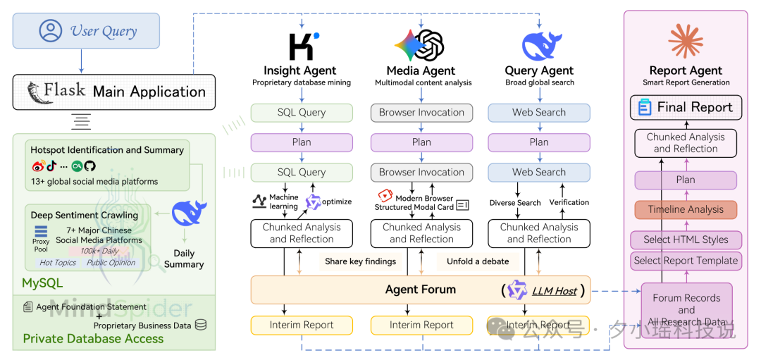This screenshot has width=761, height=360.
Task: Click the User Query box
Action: pos(86,31)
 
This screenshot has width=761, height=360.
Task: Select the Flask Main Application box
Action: pos(113,92)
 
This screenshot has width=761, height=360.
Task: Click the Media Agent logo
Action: pos(420,45)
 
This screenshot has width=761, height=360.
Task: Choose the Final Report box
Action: pos(685,107)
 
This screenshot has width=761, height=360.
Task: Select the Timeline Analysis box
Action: pos(685,209)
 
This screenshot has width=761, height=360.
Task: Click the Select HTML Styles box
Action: pos(685,240)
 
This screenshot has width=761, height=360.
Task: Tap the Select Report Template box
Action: pos(685,261)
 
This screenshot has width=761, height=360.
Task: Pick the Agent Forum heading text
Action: pos(420,290)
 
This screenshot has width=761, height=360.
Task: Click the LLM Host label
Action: pos(555,290)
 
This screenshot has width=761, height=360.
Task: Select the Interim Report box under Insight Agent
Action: pos(302,325)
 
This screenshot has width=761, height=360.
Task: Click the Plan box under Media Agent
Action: pos(421,142)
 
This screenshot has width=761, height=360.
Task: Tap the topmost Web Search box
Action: pos(539,112)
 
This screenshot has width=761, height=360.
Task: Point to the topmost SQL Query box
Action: pos(302,112)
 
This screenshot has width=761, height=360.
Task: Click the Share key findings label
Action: pos(360,261)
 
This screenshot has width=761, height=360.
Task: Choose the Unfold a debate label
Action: pos(477,261)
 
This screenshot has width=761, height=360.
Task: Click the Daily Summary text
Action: pos(184,259)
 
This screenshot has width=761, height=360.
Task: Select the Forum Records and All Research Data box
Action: pos(686,310)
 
